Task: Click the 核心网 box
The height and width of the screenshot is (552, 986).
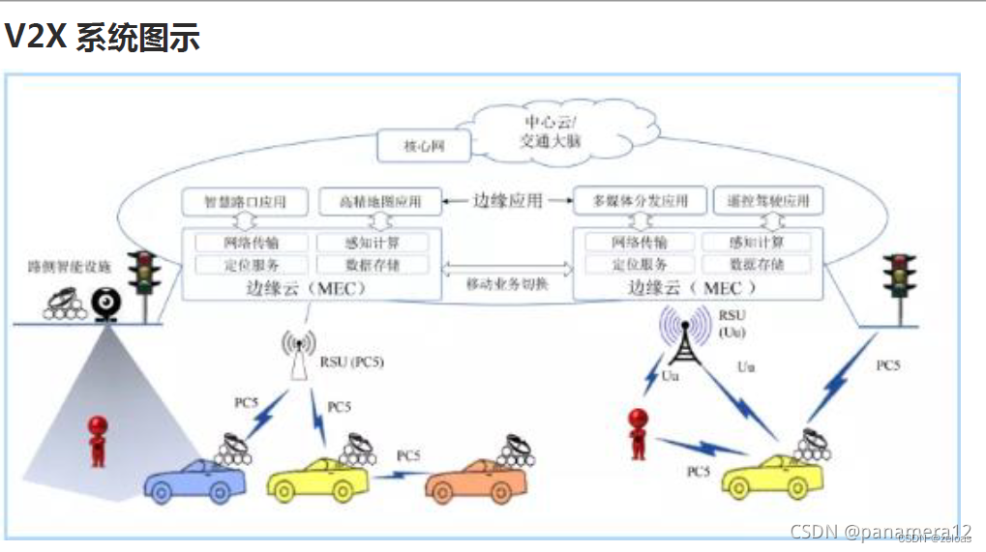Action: pyautogui.click(x=423, y=148)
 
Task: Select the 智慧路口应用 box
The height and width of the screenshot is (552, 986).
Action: pyautogui.click(x=245, y=202)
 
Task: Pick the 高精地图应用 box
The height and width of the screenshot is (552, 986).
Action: pyautogui.click(x=379, y=202)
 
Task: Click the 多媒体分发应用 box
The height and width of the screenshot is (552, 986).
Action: pyautogui.click(x=639, y=201)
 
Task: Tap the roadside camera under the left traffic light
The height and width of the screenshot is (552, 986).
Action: pyautogui.click(x=104, y=305)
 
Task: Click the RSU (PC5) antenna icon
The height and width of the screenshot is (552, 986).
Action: pyautogui.click(x=298, y=355)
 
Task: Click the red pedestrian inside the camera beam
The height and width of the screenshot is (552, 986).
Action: pyautogui.click(x=97, y=441)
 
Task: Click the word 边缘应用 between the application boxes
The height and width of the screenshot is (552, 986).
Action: pyautogui.click(x=507, y=201)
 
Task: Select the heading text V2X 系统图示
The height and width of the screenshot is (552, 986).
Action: pyautogui.click(x=102, y=37)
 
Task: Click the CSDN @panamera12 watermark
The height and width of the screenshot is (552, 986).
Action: pyautogui.click(x=880, y=532)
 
